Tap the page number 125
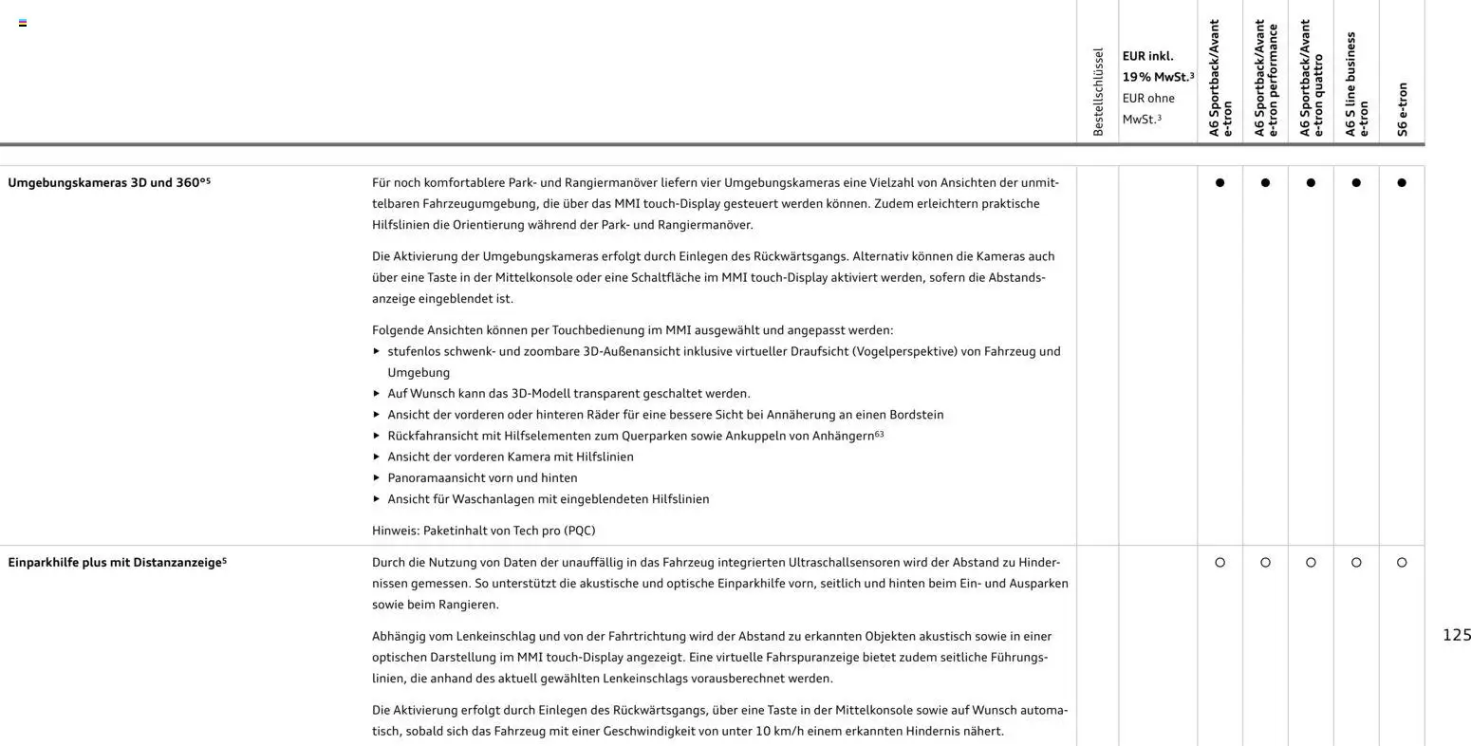pyautogui.click(x=1456, y=635)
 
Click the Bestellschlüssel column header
pyautogui.click(x=1098, y=92)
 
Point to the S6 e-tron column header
pyautogui.click(x=1402, y=109)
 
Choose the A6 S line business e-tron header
pyautogui.click(x=1356, y=84)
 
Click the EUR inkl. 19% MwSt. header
pyautogui.click(x=1158, y=66)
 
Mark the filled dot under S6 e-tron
pyautogui.click(x=1402, y=183)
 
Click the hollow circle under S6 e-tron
pyautogui.click(x=1402, y=563)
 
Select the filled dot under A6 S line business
pyautogui.click(x=1356, y=183)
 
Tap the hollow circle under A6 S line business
pyautogui.click(x=1356, y=563)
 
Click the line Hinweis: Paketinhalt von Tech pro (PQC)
pyautogui.click(x=483, y=531)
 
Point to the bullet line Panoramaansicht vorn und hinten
pyautogui.click(x=482, y=477)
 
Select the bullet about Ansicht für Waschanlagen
pyautogui.click(x=548, y=499)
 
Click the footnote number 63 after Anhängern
pyautogui.click(x=879, y=434)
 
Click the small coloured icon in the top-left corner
pyautogui.click(x=23, y=23)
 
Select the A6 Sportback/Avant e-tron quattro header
pyautogui.click(x=1311, y=78)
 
